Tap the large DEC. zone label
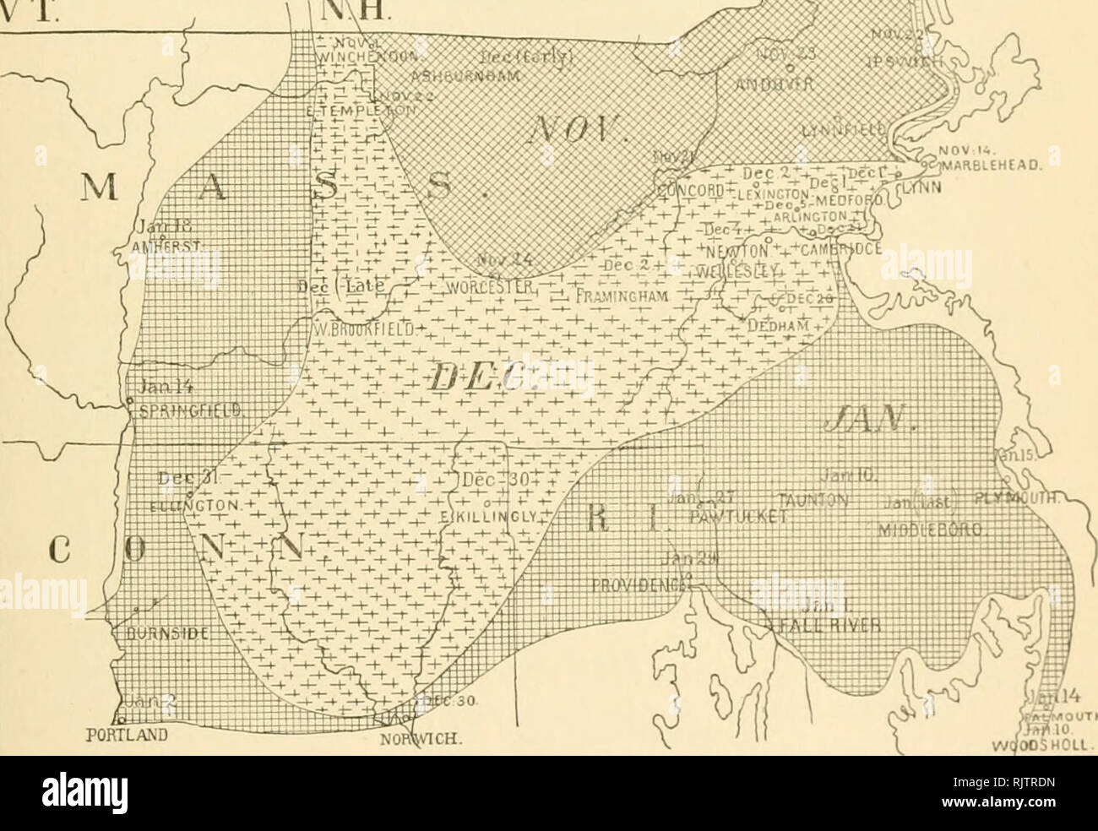coord(489,377)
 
